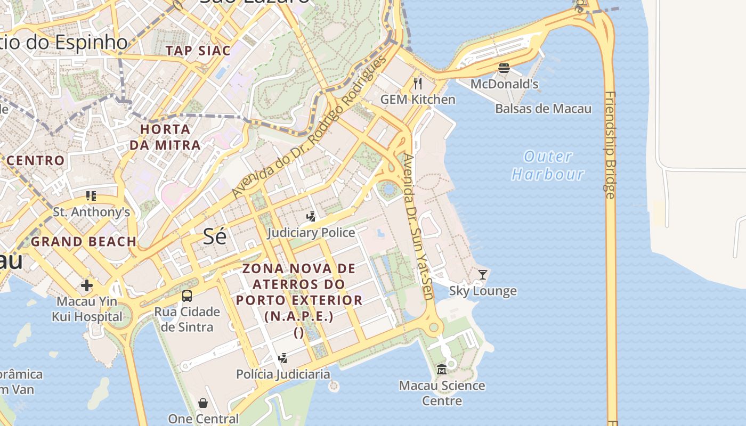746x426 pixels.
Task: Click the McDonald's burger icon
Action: coord(504,68)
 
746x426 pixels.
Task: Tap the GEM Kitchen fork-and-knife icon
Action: coord(418,83)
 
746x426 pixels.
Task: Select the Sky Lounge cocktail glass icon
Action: coord(483,274)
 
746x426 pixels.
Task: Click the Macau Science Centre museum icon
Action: coord(442,369)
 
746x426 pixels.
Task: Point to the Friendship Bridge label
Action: coord(610,145)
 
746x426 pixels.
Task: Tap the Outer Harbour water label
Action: coord(548,165)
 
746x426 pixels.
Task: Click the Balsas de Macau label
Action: coord(543,109)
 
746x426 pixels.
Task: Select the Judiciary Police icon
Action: coord(311,216)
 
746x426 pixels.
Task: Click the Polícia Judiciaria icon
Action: coord(283,358)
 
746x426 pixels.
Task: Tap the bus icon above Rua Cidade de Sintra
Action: coord(187,296)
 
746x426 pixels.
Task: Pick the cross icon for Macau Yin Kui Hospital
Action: coord(87,285)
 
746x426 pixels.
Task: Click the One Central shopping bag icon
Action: coord(203,403)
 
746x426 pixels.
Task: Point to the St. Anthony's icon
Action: coord(91,196)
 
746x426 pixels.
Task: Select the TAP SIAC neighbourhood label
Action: coord(198,51)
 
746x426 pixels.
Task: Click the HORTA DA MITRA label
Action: coord(165,137)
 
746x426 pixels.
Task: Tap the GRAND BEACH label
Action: coord(84,242)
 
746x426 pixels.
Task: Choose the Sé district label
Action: coord(215,236)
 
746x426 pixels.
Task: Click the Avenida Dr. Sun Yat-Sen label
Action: coord(418,226)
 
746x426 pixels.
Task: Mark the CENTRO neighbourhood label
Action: coord(36,160)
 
